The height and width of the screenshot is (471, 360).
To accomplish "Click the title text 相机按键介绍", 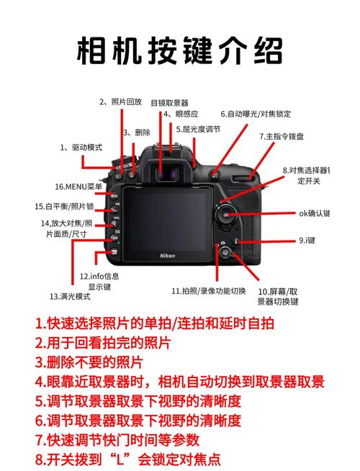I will pos(180,51).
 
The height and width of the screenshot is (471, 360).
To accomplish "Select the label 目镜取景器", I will pos(169,103).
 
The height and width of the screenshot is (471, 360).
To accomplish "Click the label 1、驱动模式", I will pos(81,147).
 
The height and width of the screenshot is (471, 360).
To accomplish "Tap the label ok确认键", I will pos(314,213).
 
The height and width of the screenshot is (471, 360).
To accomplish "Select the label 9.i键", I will pos(307,241).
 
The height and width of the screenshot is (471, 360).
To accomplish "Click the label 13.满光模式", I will pos(70,296).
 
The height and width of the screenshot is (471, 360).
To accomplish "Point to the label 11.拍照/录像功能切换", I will pos(208,291).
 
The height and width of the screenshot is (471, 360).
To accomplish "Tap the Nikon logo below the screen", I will pos(167,256).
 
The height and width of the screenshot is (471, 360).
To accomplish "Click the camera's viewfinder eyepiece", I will pos(169,173).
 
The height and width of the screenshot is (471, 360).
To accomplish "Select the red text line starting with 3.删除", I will pos(89,362).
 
